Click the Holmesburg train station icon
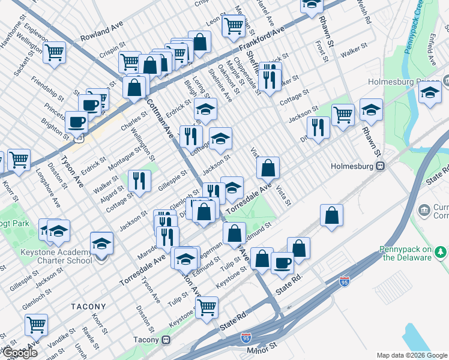tap(380, 167)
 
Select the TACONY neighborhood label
tap(88, 306)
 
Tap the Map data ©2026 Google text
tap(412, 355)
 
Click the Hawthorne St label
tap(14, 35)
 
